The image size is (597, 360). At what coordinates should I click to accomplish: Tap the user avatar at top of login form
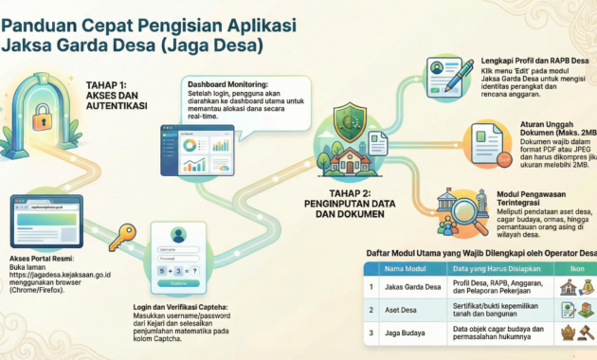(x=177, y=235)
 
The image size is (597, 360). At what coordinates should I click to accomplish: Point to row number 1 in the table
(x=371, y=287)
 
